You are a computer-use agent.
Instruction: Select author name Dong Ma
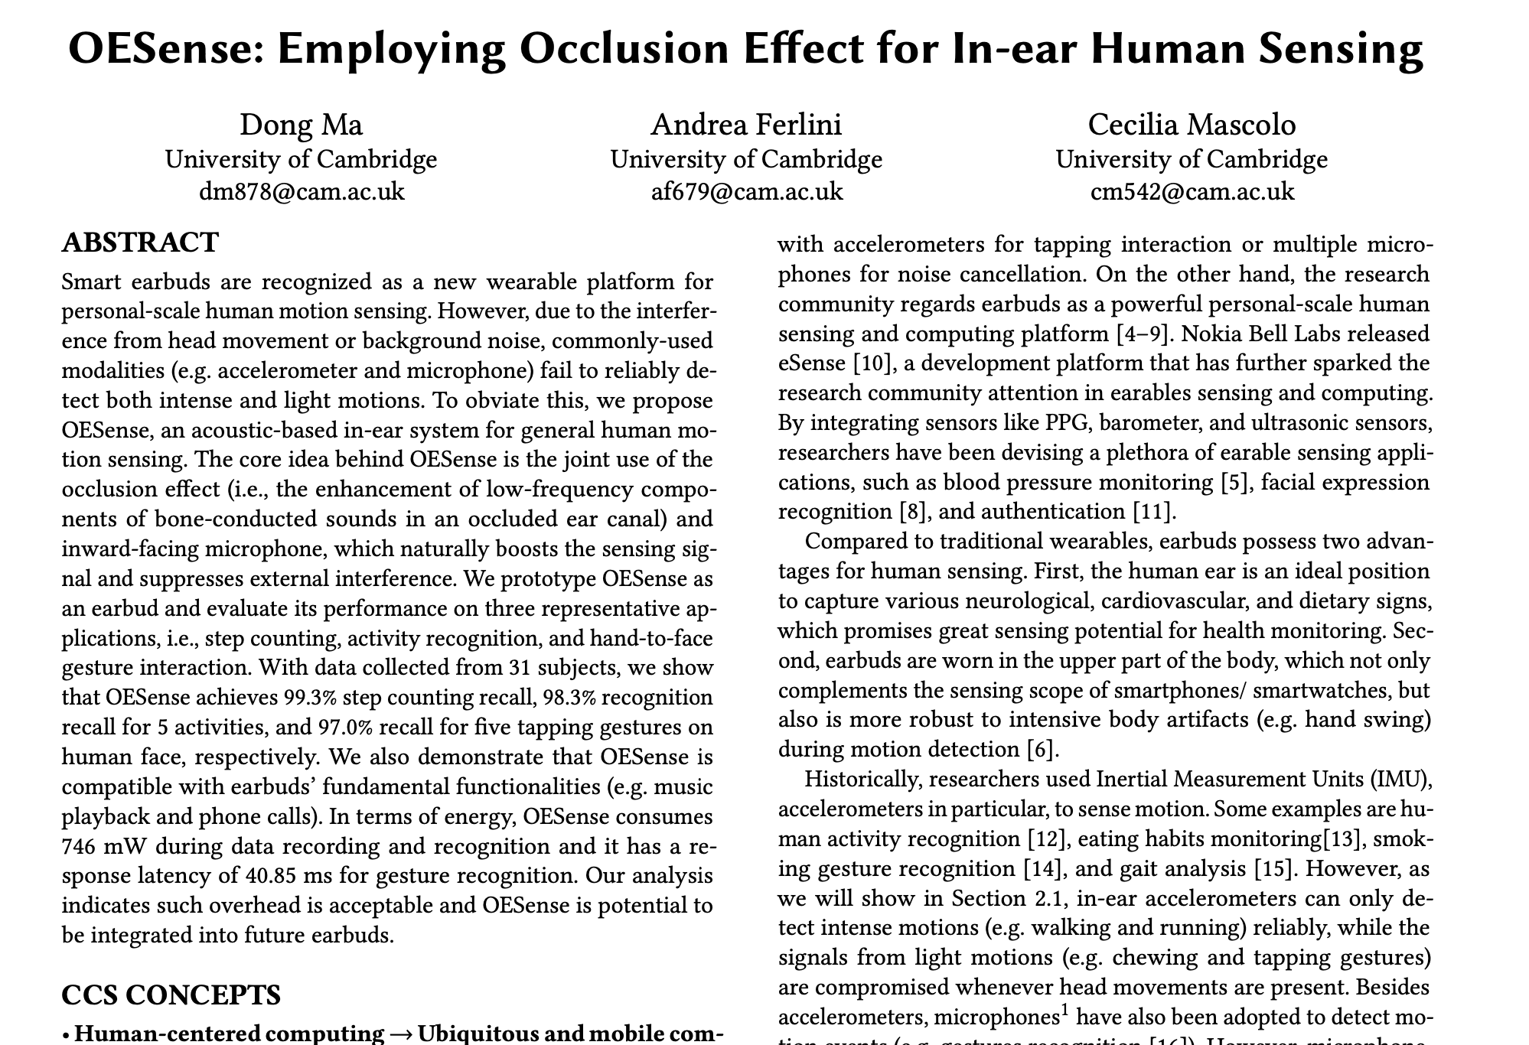(x=301, y=125)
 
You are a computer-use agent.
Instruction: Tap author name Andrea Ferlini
(x=746, y=125)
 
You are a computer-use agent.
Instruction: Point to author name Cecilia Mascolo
(x=1192, y=125)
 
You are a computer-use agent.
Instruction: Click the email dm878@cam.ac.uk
(x=302, y=190)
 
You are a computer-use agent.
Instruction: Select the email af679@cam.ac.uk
(x=746, y=190)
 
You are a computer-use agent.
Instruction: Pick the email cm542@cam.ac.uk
(x=1192, y=190)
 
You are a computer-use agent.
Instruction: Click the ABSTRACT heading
(x=140, y=243)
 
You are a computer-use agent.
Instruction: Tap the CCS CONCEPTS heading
(x=171, y=995)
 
